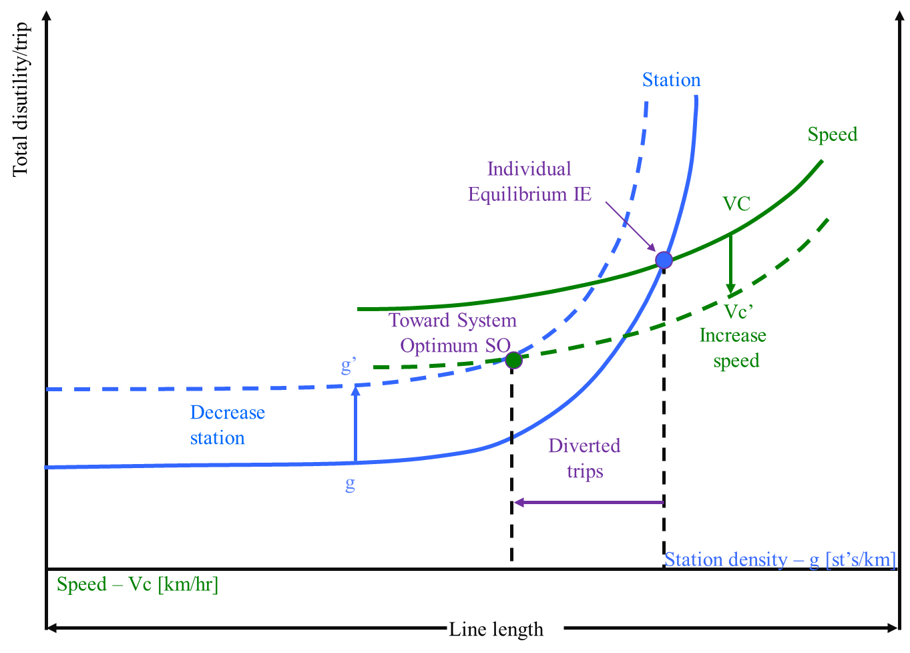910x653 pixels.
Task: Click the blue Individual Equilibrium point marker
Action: pyautogui.click(x=664, y=260)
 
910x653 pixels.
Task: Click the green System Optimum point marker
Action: pyautogui.click(x=513, y=361)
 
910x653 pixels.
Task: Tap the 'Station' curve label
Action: pyautogui.click(x=671, y=80)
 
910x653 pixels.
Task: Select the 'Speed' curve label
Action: pyautogui.click(x=832, y=134)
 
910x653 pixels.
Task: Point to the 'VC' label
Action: pyautogui.click(x=736, y=204)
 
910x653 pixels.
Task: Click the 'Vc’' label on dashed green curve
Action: pyautogui.click(x=738, y=312)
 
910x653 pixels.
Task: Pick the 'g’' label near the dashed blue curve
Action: pyautogui.click(x=349, y=366)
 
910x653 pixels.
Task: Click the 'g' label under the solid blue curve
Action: pyautogui.click(x=350, y=483)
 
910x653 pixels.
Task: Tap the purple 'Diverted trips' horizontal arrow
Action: pyautogui.click(x=588, y=502)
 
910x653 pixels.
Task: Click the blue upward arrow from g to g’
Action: pyautogui.click(x=355, y=424)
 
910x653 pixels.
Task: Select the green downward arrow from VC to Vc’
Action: pyautogui.click(x=730, y=264)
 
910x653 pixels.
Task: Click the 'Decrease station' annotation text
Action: pyautogui.click(x=227, y=425)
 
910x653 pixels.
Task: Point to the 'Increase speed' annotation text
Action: pyautogui.click(x=733, y=348)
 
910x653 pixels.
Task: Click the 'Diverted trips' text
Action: pyautogui.click(x=584, y=458)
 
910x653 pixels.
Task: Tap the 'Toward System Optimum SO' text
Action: pyautogui.click(x=453, y=333)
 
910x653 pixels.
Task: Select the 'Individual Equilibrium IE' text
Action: pyautogui.click(x=529, y=182)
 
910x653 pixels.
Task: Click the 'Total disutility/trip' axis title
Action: pyautogui.click(x=21, y=100)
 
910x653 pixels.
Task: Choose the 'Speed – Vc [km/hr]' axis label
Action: pyautogui.click(x=138, y=584)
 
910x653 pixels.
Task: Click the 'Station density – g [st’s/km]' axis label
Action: pyautogui.click(x=780, y=560)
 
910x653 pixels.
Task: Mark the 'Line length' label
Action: pyautogui.click(x=495, y=629)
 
